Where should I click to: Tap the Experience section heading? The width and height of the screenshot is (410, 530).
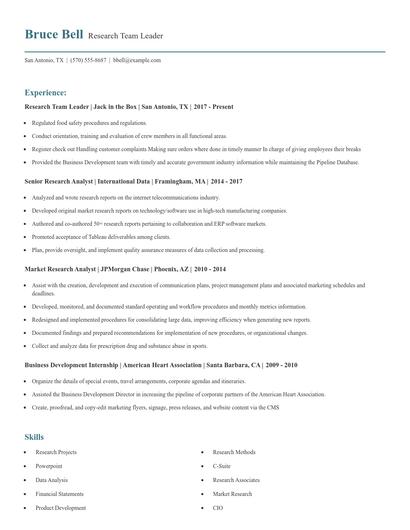pos(46,91)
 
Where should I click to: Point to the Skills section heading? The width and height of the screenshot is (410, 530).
pos(34,437)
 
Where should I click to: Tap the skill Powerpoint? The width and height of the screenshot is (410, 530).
pos(49,466)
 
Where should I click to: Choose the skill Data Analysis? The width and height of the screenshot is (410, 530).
pos(52,480)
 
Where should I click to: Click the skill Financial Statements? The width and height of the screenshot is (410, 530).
pos(59,494)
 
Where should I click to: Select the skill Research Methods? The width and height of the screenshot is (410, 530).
pos(234,452)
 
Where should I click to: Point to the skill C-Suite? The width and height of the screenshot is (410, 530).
pos(222,466)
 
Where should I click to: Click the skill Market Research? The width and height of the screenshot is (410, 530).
pos(232,494)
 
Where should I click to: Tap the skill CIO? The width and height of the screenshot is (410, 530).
pos(217,508)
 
